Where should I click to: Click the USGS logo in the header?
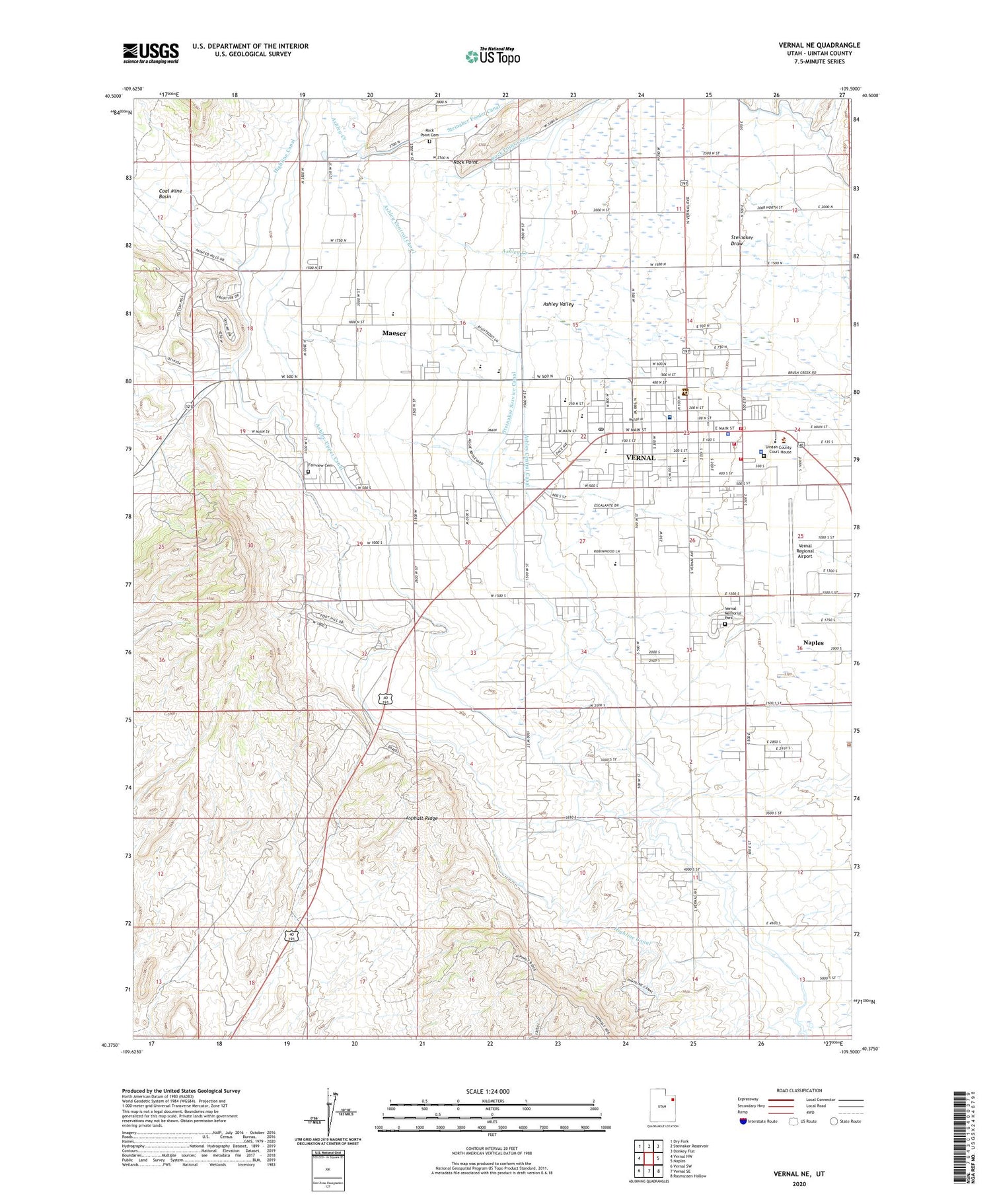pos(151,53)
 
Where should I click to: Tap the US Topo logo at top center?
pos(492,56)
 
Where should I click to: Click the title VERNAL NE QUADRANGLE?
pos(819,45)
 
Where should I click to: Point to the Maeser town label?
pos(394,334)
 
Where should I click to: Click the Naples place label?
pos(813,642)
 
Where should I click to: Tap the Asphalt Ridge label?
pos(422,818)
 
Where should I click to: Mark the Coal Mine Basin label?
pos(170,194)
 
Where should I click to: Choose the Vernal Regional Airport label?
pos(805,551)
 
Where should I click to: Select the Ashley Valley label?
pos(558,304)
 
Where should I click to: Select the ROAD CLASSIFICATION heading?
pos(799,1090)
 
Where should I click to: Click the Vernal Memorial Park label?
pos(733,613)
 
